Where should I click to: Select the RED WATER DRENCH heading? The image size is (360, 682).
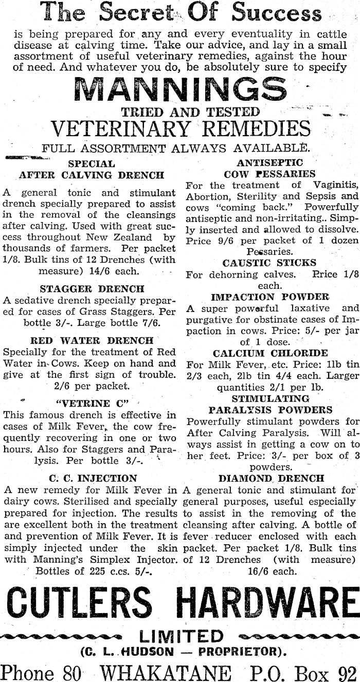tap(92, 340)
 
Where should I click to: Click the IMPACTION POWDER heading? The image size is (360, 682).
tap(270, 297)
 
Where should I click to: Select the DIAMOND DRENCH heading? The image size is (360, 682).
tap(271, 478)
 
